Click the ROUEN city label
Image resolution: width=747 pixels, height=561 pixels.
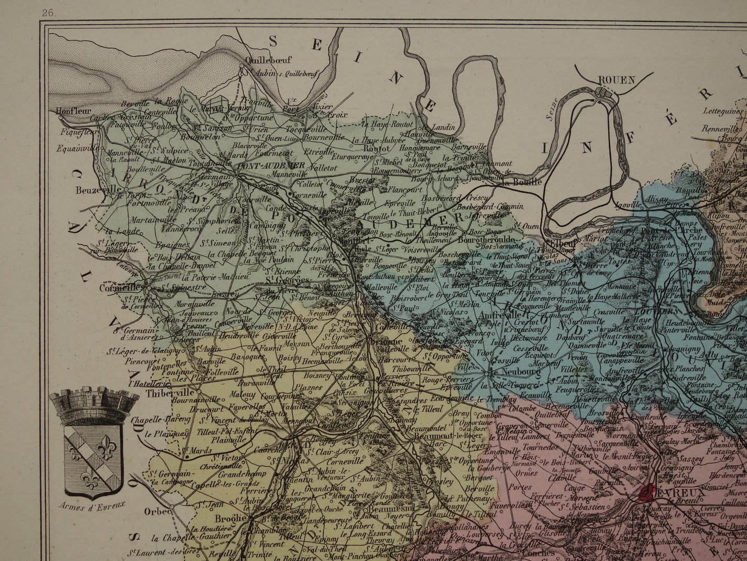616,80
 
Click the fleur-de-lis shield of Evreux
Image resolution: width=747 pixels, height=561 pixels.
93,456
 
